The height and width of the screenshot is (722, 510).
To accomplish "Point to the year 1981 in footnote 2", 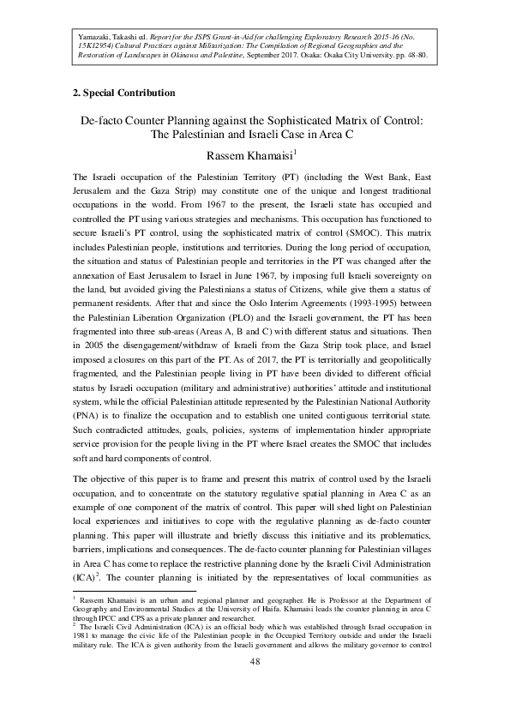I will tap(83, 636).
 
